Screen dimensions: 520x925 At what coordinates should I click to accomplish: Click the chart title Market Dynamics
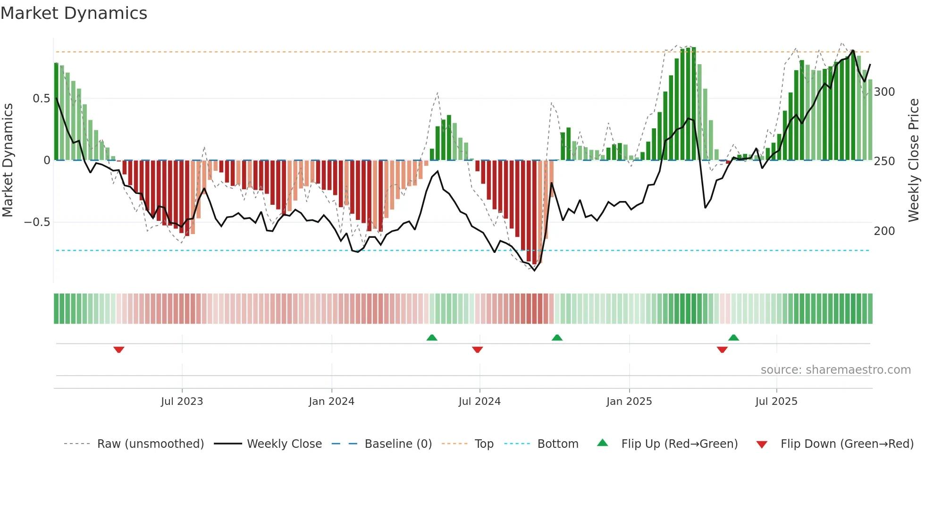(x=74, y=13)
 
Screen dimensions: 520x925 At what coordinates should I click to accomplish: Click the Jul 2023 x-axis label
(x=182, y=402)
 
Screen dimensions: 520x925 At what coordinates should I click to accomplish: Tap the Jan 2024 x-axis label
(x=331, y=402)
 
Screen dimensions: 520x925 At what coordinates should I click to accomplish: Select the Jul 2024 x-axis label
(x=479, y=402)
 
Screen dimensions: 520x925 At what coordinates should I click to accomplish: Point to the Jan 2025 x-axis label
(x=629, y=402)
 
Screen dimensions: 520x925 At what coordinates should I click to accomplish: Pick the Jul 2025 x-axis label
(x=776, y=402)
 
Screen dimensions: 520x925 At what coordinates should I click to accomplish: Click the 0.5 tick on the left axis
(x=41, y=99)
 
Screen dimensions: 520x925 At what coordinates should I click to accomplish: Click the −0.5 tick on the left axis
(x=37, y=222)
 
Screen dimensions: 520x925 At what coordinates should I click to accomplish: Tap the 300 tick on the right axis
(x=884, y=92)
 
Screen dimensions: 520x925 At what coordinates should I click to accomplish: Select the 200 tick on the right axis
(x=884, y=231)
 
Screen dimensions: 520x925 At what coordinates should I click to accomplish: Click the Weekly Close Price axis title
(x=914, y=160)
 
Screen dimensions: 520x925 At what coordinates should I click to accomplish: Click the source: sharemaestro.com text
(x=835, y=370)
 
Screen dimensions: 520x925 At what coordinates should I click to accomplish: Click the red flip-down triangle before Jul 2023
(x=119, y=350)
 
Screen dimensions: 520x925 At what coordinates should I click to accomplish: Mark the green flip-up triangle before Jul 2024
(x=432, y=337)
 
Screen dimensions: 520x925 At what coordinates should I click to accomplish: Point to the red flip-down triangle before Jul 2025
(x=722, y=350)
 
